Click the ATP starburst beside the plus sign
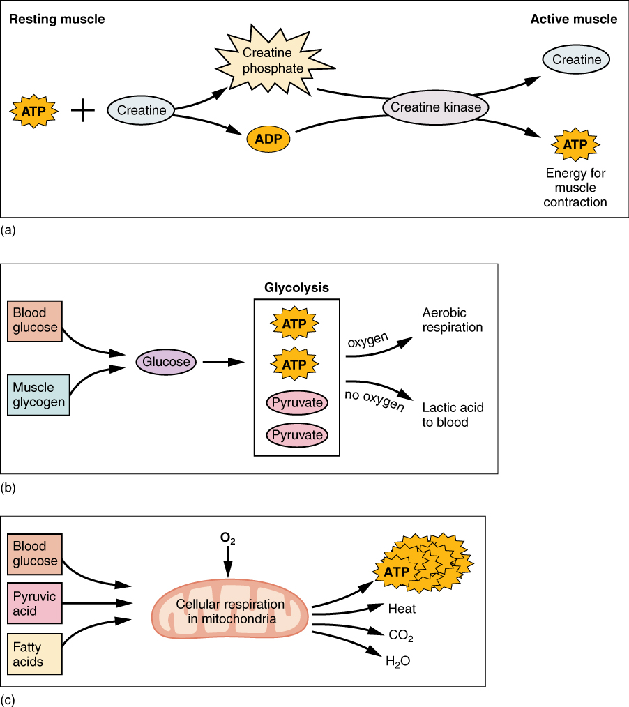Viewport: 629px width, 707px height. tap(34, 110)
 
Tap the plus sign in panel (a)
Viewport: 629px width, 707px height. tap(83, 110)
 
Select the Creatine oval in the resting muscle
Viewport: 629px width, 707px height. tap(141, 110)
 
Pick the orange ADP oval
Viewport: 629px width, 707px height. tap(268, 138)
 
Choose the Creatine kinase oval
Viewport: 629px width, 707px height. tap(436, 107)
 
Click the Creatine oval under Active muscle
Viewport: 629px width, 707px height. tap(576, 60)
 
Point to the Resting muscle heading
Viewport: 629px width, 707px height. tap(56, 19)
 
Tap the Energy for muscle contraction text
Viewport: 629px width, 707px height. tap(576, 188)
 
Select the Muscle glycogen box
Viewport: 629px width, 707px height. tap(39, 395)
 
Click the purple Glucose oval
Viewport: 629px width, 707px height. tap(167, 362)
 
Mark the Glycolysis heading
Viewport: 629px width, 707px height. tap(296, 287)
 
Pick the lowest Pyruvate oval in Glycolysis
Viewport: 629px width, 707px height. tap(297, 435)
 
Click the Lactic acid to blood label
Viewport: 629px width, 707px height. tap(453, 414)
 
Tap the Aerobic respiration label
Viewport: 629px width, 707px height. tap(453, 320)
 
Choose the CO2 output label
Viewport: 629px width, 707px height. tap(402, 635)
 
